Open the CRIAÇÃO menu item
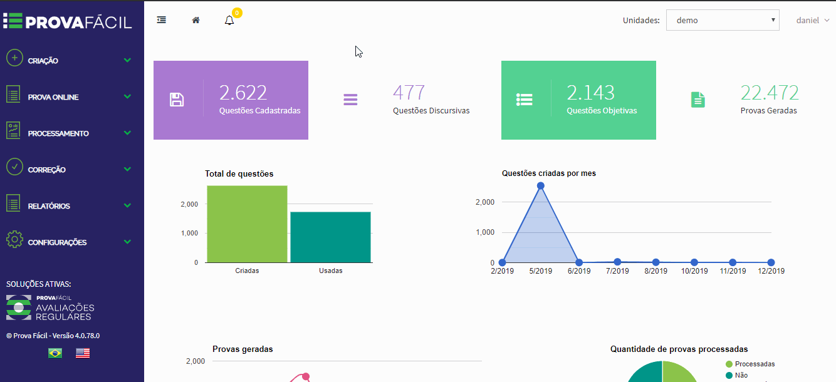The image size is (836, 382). tap(43, 61)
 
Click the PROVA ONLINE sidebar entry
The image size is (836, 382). tap(53, 97)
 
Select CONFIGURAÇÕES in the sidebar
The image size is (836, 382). tap(57, 242)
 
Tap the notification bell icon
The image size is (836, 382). tap(229, 20)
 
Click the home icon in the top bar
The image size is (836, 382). tap(196, 20)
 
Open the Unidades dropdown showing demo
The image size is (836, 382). tap(723, 20)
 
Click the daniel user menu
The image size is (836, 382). tap(812, 20)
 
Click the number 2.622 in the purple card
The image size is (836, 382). tap(243, 93)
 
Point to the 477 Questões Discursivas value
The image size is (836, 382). tap(409, 93)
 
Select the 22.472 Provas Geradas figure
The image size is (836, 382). tap(770, 93)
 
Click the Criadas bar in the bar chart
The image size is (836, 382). tap(247, 224)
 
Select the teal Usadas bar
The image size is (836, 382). tap(331, 237)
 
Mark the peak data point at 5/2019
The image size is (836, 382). tap(540, 186)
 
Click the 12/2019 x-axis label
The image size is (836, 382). tap(771, 271)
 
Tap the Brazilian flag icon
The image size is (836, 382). tap(55, 353)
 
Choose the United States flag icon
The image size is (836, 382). tap(83, 353)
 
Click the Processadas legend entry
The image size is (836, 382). tap(750, 364)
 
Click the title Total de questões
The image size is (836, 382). tap(239, 174)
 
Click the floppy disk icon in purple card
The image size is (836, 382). tap(177, 100)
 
